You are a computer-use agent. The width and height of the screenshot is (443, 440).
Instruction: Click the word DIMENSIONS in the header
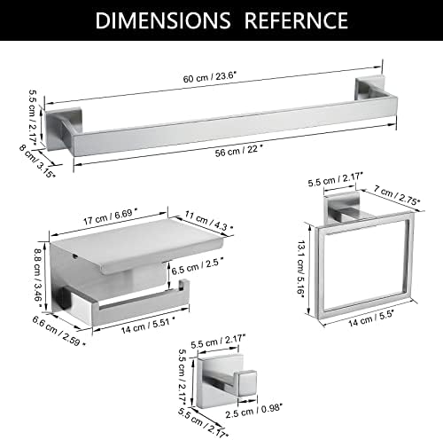pos(163,20)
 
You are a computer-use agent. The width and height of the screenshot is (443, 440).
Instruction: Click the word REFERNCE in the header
pos(296,20)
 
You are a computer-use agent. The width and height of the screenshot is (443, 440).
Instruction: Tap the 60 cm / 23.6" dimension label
pos(210,77)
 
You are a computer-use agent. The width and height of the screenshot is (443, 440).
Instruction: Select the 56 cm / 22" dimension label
pos(238,151)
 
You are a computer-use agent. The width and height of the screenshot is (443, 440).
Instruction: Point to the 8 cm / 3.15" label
pos(37,161)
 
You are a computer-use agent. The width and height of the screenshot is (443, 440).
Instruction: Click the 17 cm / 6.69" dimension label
pos(110,217)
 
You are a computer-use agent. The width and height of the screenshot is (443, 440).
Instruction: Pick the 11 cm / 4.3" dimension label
pos(209,221)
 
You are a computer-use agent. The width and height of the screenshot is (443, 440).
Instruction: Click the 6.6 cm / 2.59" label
pos(59,331)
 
